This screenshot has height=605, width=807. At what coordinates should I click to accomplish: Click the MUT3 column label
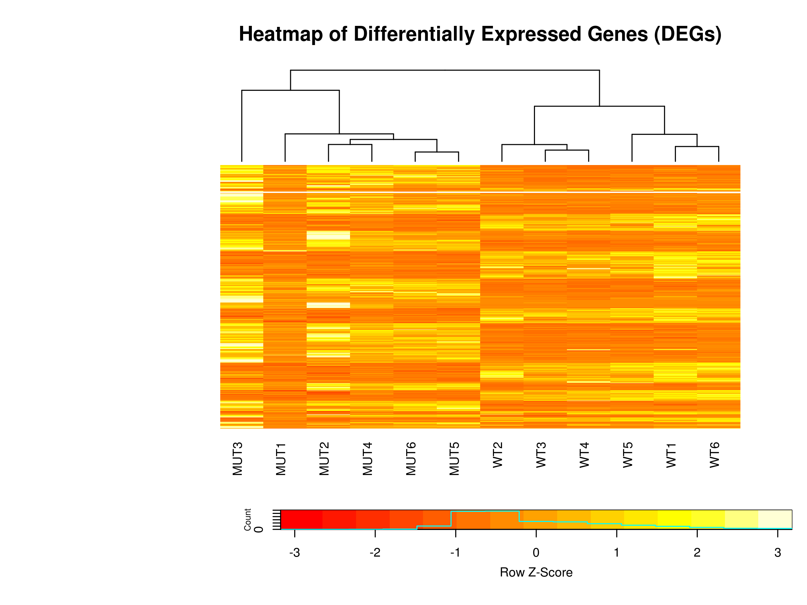click(237, 459)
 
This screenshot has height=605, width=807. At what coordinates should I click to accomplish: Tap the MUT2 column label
click(324, 459)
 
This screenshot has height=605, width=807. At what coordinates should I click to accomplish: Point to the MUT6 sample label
click(411, 459)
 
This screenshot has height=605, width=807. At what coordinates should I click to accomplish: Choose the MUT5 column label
click(454, 459)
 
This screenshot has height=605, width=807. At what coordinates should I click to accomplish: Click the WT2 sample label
click(498, 455)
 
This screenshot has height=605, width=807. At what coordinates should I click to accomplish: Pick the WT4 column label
click(584, 455)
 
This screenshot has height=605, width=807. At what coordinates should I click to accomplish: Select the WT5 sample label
click(628, 455)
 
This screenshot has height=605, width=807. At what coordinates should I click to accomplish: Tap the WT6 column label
click(715, 455)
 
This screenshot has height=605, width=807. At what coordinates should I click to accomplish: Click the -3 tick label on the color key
click(295, 553)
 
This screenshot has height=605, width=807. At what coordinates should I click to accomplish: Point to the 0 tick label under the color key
click(536, 553)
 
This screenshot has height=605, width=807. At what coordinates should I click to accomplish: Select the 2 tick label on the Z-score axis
click(697, 553)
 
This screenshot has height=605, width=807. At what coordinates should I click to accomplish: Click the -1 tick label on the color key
click(455, 553)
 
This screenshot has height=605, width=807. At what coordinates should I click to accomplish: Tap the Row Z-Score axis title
click(536, 572)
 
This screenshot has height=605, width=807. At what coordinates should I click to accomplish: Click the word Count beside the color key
click(248, 519)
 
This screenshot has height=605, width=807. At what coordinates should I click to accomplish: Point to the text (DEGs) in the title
click(688, 34)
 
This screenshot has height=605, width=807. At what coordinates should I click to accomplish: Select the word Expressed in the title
click(531, 34)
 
